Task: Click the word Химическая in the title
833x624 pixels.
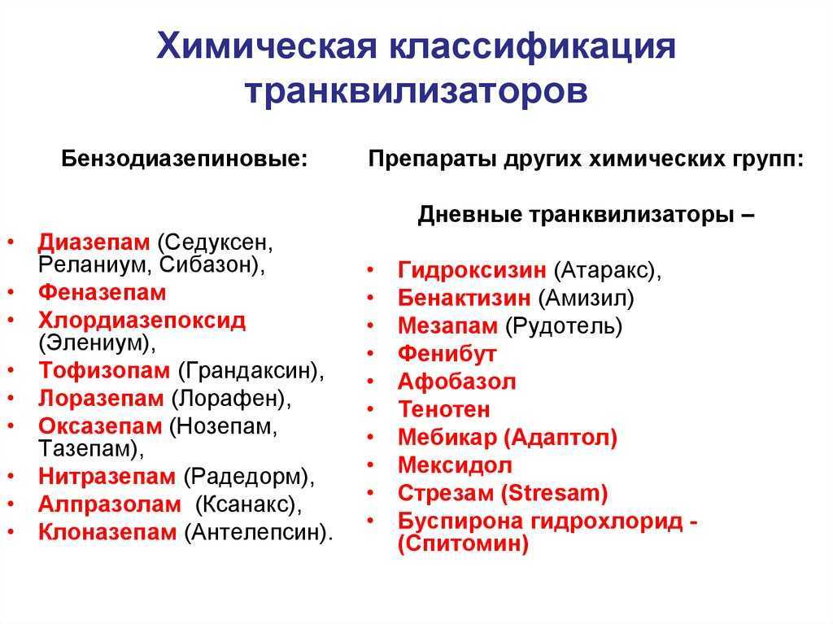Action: point(266,46)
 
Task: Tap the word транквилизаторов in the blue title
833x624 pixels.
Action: point(416,91)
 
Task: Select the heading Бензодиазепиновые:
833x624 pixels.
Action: point(185,159)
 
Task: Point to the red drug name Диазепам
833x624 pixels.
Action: point(94,243)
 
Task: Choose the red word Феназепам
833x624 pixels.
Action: point(102,293)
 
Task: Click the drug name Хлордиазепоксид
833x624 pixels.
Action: point(142,321)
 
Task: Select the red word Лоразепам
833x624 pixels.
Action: point(101,399)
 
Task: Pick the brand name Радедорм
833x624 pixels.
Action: point(246,476)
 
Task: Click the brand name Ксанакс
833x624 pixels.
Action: point(245,504)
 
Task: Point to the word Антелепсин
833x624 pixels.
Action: point(255,533)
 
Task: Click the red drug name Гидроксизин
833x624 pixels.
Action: point(472,270)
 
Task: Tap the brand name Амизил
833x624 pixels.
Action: point(587,299)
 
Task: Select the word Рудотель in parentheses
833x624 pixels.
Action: point(563,326)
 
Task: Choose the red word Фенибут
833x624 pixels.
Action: point(447,354)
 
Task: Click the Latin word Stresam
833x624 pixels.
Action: point(555,493)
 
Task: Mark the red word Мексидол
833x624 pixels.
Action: point(455,465)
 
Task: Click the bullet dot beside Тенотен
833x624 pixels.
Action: point(370,409)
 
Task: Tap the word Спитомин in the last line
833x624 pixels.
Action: point(463,543)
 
